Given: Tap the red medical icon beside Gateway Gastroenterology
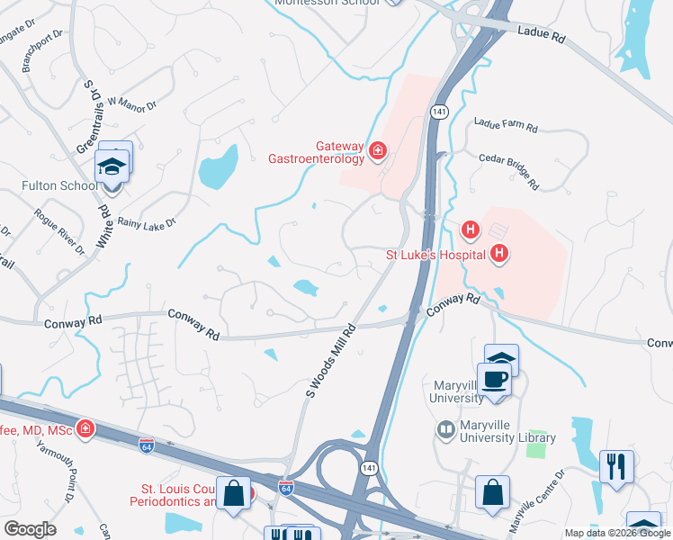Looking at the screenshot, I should pos(379,149).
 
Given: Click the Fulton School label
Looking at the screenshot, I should pos(59,186).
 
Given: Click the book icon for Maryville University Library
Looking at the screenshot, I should pos(444,430).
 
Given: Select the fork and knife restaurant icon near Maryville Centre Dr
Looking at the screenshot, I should pos(616,465).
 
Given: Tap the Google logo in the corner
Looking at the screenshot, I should pos(30,528).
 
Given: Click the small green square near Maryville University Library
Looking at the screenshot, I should pos(538,447).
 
